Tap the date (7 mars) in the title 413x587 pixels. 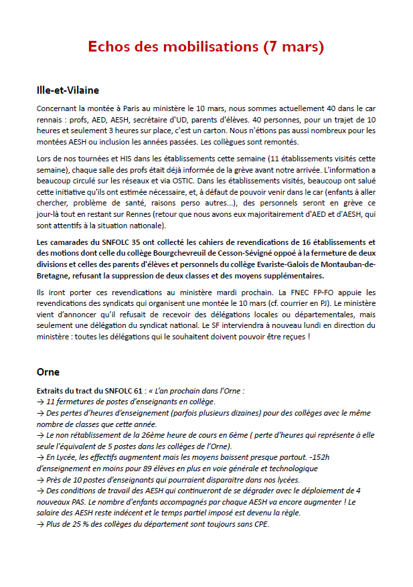click(293, 47)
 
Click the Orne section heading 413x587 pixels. click(48, 371)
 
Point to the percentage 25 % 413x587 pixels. click(80, 524)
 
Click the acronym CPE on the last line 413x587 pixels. click(260, 524)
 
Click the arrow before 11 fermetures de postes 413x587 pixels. click(40, 401)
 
